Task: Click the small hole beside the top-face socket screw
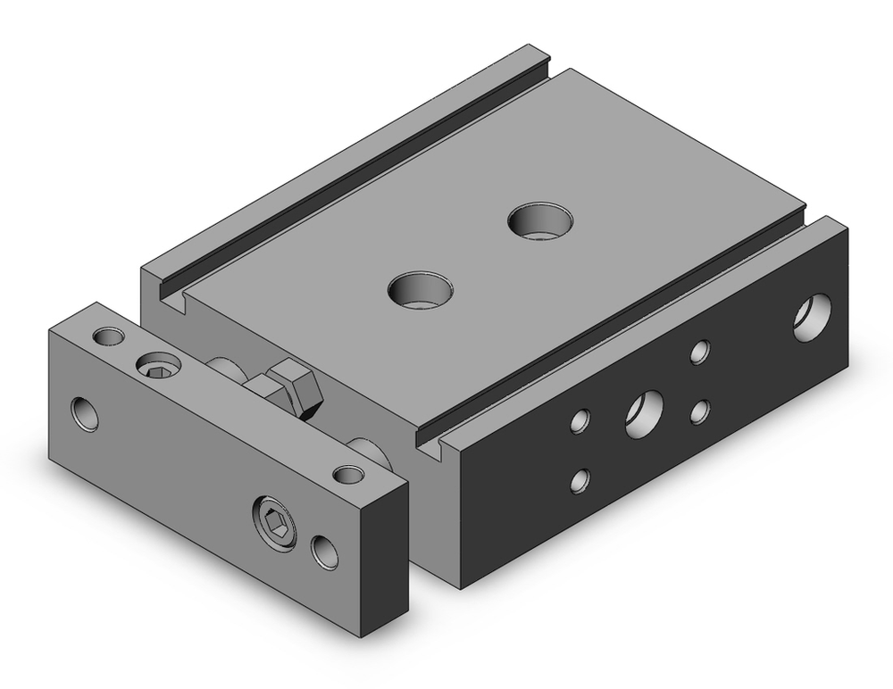pyautogui.click(x=110, y=336)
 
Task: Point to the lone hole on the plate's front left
pyautogui.click(x=85, y=413)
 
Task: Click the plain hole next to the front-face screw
pyautogui.click(x=325, y=552)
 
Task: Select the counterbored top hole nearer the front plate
pyautogui.click(x=421, y=289)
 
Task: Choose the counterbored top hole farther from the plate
pyautogui.click(x=540, y=220)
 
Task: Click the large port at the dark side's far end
pyautogui.click(x=812, y=317)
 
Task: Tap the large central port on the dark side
pyautogui.click(x=644, y=413)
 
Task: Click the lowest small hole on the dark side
pyautogui.click(x=581, y=479)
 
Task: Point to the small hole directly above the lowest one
pyautogui.click(x=581, y=420)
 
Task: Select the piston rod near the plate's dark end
pyautogui.click(x=371, y=452)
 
